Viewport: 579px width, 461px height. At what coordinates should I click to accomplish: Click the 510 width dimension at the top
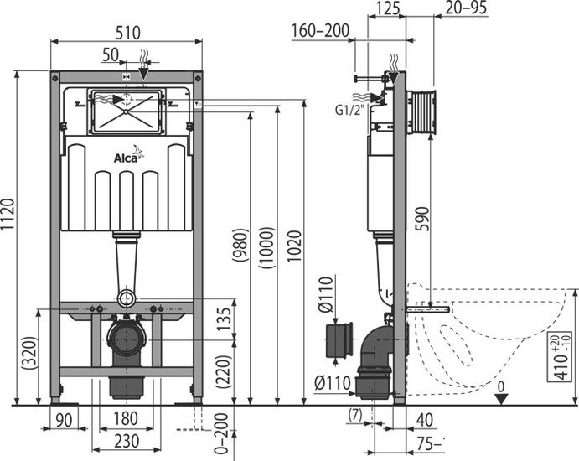point(127,30)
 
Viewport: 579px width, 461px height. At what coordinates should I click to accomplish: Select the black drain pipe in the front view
point(127,343)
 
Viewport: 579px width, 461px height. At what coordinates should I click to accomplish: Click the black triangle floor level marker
point(500,397)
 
